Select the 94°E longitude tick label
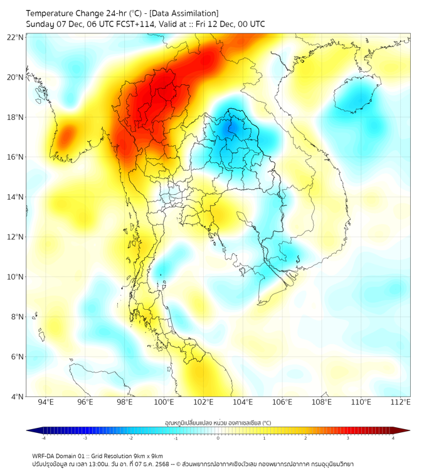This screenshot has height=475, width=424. (45, 402)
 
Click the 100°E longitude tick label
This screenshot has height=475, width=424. (164, 402)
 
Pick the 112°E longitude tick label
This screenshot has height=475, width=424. (401, 402)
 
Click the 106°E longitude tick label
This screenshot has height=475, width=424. (282, 402)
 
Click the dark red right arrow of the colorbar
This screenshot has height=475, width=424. (406, 430)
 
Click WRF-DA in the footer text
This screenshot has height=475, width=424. (43, 456)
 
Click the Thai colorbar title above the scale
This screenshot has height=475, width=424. (218, 423)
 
